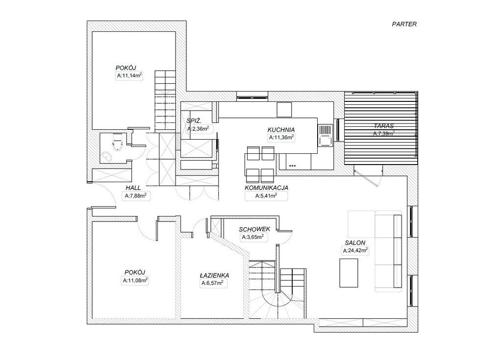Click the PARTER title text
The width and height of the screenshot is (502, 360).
coord(404,24)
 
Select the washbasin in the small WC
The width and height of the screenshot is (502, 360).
coord(106,156)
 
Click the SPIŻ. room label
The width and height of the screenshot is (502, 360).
coord(194,121)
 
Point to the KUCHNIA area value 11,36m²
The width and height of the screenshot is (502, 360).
coord(281,138)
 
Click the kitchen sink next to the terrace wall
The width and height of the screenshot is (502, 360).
coord(326,135)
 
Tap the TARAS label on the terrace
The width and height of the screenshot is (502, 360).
coord(383,126)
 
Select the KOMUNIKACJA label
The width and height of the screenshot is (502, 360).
coord(266,188)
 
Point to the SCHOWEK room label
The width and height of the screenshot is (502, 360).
coord(254,229)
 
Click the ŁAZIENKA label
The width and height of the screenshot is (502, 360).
coord(214,276)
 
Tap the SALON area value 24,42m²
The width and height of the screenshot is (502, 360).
coord(355,251)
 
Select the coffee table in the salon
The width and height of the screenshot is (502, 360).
coord(349,273)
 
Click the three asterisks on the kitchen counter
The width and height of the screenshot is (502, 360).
coord(292,166)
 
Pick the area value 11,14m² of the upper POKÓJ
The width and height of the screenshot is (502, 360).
coord(129,76)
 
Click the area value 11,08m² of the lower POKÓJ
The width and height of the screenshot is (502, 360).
coord(135,281)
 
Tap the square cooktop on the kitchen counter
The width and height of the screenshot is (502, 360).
coord(284,110)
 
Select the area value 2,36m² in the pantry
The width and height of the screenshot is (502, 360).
coord(198,129)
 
